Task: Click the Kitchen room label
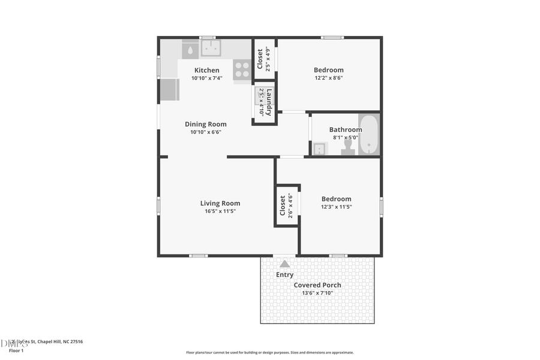tap(206, 70)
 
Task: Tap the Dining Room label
tap(206, 124)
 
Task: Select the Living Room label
tap(220, 203)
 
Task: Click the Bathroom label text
tap(346, 130)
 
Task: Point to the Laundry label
tap(269, 102)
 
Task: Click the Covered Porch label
tap(317, 285)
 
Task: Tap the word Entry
tap(284, 275)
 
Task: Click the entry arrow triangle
tap(284, 263)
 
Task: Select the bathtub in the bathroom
tap(368, 134)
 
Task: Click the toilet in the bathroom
tap(348, 148)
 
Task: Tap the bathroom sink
tap(319, 149)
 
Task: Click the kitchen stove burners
tap(242, 70)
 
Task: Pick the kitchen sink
tap(211, 48)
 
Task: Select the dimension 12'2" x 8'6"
tap(329, 78)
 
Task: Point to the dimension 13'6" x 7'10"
tap(317, 293)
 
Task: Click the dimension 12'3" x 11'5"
tap(336, 207)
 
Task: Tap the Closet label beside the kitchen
tap(260, 59)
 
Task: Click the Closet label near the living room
tap(283, 205)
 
